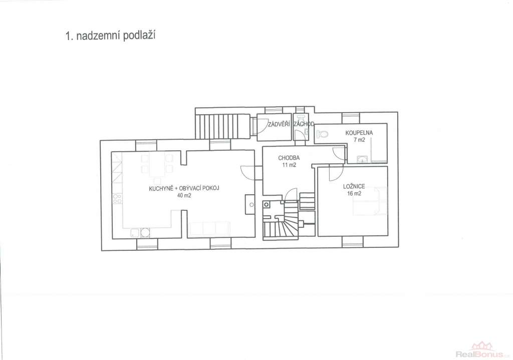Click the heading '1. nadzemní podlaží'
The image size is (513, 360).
tap(110, 36)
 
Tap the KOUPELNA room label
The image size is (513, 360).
tap(359, 133)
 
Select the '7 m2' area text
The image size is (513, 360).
tap(359, 140)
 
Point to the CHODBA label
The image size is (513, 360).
tap(289, 158)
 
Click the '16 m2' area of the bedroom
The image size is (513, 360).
tap(354, 194)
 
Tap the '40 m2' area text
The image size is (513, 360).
tap(184, 196)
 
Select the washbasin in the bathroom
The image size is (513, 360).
tap(362, 159)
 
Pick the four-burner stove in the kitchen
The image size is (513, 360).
tap(117, 198)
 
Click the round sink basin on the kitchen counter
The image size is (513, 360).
tap(145, 232)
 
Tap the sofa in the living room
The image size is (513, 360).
tap(209, 228)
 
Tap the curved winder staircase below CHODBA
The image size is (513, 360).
tap(281, 221)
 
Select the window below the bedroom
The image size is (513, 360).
tap(353, 242)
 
